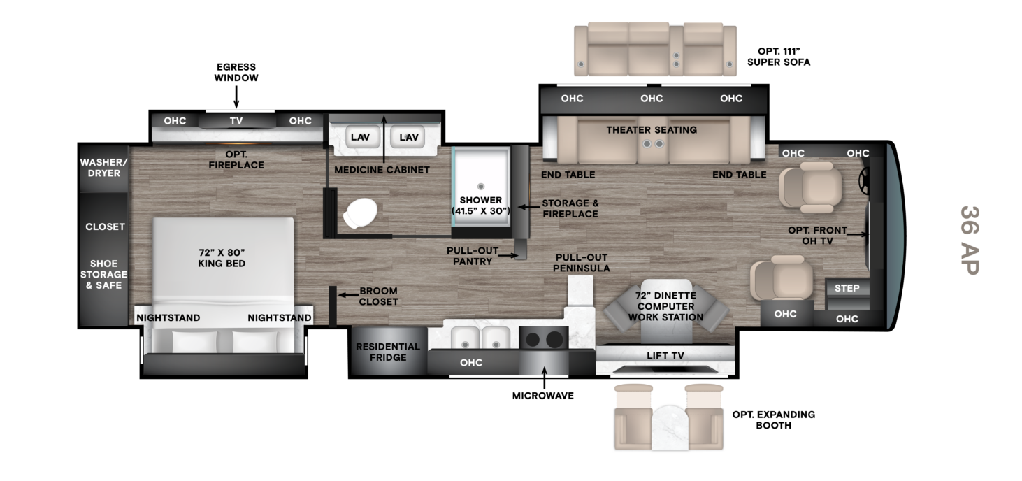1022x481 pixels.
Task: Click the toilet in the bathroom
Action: tap(360, 213)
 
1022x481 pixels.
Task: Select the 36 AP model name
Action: tap(970, 240)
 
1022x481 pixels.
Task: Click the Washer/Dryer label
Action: tap(103, 168)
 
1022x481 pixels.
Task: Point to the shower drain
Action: tap(480, 186)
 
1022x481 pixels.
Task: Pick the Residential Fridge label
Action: tap(388, 352)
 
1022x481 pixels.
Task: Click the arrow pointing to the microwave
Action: tap(544, 377)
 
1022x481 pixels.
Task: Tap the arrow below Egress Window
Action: tap(236, 96)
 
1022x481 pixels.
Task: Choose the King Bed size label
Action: tap(222, 258)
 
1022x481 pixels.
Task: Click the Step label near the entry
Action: tap(847, 288)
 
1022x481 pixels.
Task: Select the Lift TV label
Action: tap(665, 355)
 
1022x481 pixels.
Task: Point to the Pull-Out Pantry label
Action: tap(473, 256)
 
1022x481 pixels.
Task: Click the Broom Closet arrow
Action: tap(348, 295)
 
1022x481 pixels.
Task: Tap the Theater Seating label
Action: tap(652, 130)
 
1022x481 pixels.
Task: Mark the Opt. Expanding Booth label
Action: tap(773, 420)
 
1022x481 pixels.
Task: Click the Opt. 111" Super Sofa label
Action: tap(779, 57)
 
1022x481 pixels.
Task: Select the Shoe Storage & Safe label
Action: tap(103, 274)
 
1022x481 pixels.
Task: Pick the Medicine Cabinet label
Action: tap(382, 170)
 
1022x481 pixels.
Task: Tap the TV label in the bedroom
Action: tap(236, 121)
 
